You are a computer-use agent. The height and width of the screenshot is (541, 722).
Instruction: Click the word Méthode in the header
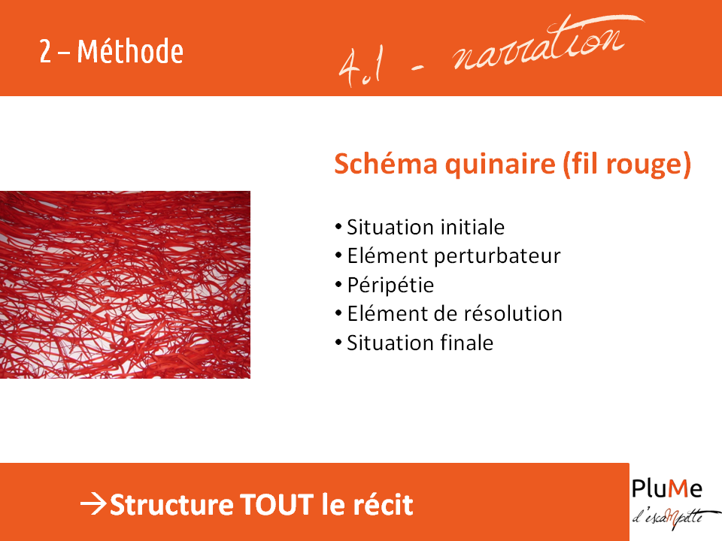(x=130, y=51)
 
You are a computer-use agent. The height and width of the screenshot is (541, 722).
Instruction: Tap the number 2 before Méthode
(x=45, y=52)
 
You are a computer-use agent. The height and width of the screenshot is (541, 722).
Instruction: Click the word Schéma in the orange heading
(x=386, y=164)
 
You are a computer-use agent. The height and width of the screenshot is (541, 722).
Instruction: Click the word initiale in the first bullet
(x=472, y=227)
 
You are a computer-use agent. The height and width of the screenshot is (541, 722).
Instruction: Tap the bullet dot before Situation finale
(x=338, y=343)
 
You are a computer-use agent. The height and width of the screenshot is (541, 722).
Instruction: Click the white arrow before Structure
(x=94, y=504)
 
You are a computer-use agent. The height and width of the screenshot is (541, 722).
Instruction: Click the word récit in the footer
(x=383, y=505)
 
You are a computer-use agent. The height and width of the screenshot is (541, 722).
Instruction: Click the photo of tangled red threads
(x=125, y=285)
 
